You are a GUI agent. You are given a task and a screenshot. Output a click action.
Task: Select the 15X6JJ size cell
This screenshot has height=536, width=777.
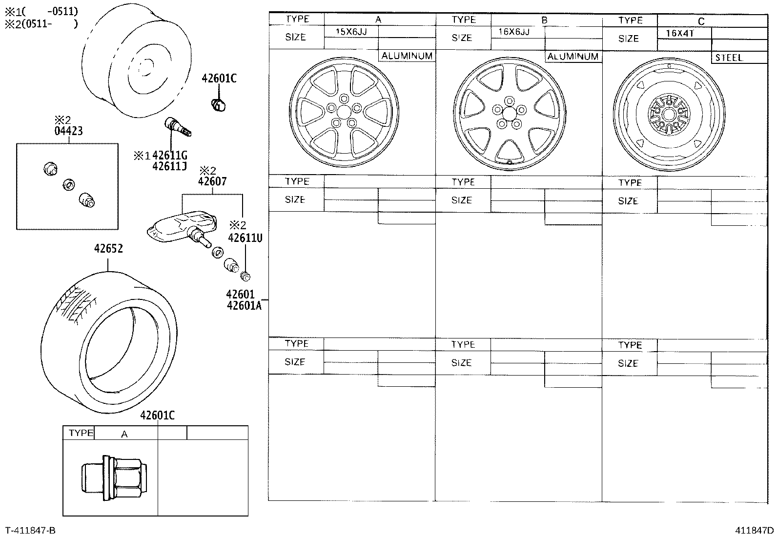350,31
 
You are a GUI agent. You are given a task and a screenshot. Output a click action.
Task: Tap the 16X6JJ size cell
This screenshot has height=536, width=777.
513,32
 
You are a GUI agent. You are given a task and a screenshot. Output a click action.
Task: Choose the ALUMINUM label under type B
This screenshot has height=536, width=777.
573,57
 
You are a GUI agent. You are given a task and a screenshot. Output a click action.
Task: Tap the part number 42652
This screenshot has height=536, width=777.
108,249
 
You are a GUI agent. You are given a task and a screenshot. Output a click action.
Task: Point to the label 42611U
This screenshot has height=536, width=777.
245,238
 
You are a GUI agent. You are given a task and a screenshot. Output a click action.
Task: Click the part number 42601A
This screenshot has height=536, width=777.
244,306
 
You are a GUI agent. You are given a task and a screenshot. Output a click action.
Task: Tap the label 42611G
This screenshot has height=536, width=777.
169,156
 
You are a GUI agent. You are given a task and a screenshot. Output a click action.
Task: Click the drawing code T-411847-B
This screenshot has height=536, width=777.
30,530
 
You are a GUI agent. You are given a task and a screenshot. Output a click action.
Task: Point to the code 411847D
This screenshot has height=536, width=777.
755,530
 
